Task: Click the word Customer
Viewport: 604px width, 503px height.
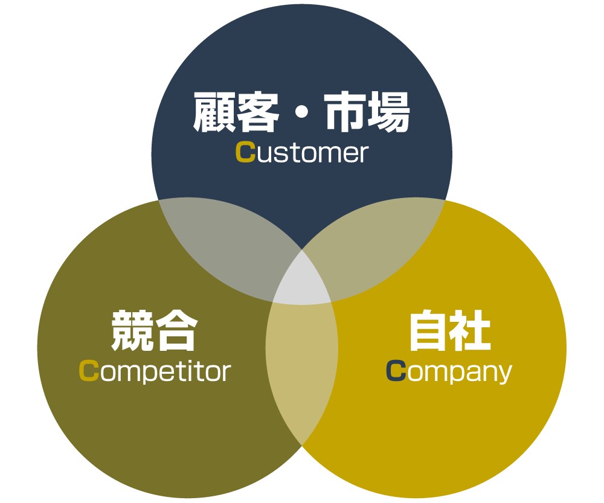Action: pyautogui.click(x=302, y=153)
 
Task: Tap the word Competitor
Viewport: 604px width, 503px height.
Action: pyautogui.click(x=155, y=371)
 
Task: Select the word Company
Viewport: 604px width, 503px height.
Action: pyautogui.click(x=449, y=372)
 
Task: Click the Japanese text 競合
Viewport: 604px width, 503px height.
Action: pyautogui.click(x=155, y=330)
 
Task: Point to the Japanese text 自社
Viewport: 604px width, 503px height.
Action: pyautogui.click(x=449, y=330)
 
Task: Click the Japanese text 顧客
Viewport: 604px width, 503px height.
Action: pyautogui.click(x=236, y=112)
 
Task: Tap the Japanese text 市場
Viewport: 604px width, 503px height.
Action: pyautogui.click(x=367, y=112)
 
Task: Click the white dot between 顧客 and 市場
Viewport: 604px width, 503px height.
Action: pyautogui.click(x=301, y=113)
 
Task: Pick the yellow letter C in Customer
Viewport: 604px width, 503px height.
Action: pyautogui.click(x=245, y=152)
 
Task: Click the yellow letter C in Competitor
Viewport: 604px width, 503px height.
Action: pyautogui.click(x=89, y=371)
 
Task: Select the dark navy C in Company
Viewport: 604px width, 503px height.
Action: pyautogui.click(x=396, y=371)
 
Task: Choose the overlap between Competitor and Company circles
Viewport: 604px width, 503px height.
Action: pyautogui.click(x=302, y=370)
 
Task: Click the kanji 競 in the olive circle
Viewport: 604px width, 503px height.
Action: pyautogui.click(x=132, y=330)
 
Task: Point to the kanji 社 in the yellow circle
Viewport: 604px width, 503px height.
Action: pyautogui.click(x=471, y=330)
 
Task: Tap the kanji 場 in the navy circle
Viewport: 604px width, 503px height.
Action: pyautogui.click(x=388, y=112)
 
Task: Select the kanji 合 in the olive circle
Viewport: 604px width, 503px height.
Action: pyautogui.click(x=176, y=330)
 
